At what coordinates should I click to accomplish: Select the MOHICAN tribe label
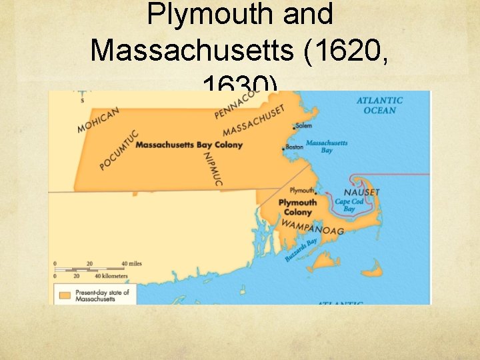(x=98, y=119)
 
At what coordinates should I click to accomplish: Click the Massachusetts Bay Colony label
(x=189, y=145)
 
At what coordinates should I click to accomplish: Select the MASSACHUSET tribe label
(x=254, y=120)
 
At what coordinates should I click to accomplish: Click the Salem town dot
(x=294, y=127)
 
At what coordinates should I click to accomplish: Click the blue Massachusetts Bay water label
(x=327, y=147)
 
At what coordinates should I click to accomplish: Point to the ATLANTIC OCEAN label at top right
(x=379, y=105)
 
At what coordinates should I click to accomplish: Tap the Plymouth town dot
(x=316, y=193)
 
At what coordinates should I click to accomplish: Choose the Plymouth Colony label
(x=297, y=207)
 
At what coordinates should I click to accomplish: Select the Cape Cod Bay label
(x=349, y=205)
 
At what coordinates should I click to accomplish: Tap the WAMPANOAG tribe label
(x=312, y=227)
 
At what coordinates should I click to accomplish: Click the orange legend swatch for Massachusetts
(x=65, y=295)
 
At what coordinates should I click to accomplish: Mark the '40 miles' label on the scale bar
(x=131, y=263)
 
